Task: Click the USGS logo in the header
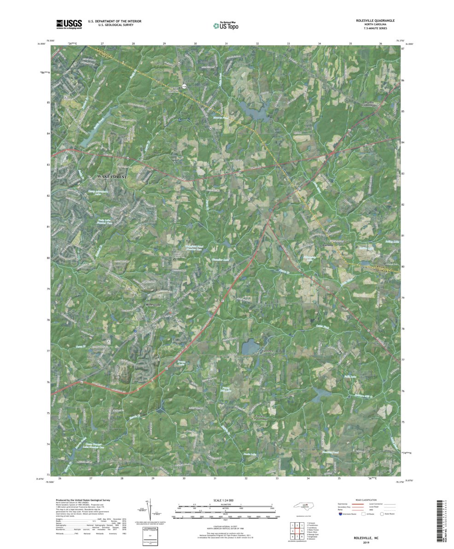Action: [69, 24]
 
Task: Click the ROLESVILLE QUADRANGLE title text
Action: [375, 21]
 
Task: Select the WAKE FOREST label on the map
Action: [112, 177]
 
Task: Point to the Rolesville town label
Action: [155, 306]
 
